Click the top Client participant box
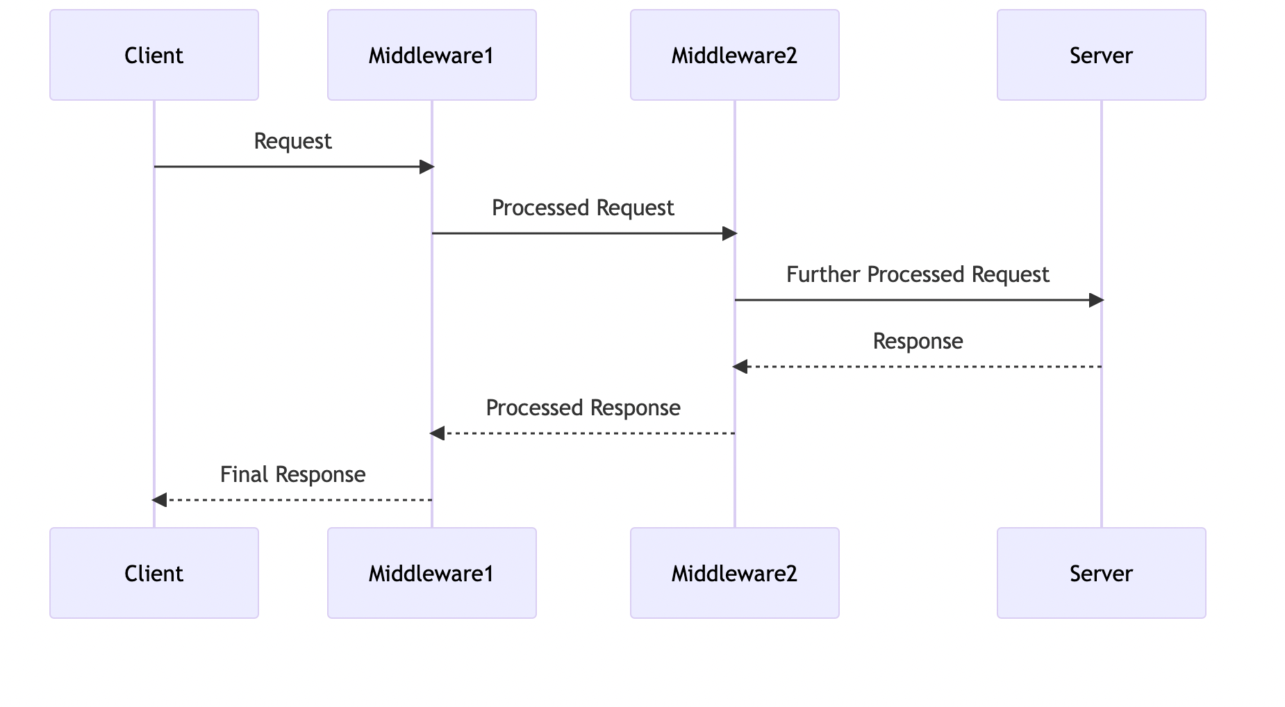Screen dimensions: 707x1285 coord(154,55)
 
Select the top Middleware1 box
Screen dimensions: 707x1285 coord(431,55)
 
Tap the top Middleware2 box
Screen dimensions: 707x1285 coord(734,55)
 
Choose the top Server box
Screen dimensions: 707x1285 coord(1101,55)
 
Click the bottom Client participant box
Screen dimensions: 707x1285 coord(154,573)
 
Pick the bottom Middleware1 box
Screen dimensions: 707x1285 coord(431,573)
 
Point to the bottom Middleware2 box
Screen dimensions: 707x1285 coord(734,573)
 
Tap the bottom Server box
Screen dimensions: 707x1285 coord(1101,573)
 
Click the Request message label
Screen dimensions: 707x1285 coord(292,141)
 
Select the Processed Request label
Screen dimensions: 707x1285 coord(583,208)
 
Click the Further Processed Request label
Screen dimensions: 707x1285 coord(918,274)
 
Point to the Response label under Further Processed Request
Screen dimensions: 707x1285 coord(918,341)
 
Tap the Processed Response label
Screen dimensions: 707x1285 coord(583,408)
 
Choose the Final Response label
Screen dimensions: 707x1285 coord(292,474)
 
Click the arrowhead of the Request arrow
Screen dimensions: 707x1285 coord(426,167)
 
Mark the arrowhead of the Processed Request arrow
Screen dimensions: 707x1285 coord(729,233)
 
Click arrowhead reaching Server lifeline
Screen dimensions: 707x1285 coord(1096,300)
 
